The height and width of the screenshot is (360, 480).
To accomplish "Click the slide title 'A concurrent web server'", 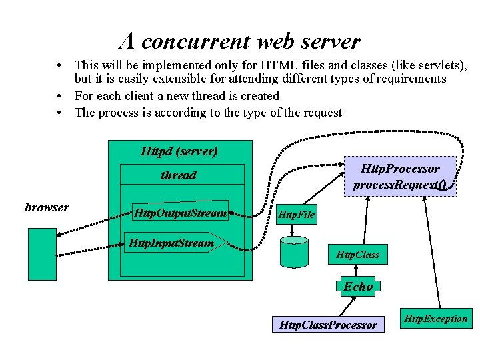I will [240, 41].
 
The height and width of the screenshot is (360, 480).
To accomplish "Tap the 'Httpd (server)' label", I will [179, 151].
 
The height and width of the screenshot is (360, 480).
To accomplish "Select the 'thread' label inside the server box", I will [179, 175].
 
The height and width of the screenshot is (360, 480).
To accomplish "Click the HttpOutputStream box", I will [180, 213].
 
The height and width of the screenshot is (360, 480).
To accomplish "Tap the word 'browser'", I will [47, 207].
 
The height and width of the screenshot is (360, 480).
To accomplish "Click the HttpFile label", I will [295, 215].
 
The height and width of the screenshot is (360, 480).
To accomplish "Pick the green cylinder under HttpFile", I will [294, 253].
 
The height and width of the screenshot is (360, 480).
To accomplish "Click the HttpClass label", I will [357, 255].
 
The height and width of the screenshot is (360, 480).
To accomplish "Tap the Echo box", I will [359, 287].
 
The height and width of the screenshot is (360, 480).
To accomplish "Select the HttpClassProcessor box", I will [329, 325].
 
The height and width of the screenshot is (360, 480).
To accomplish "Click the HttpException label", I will [437, 319].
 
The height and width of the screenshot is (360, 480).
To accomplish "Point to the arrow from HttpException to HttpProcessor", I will [432, 253].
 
